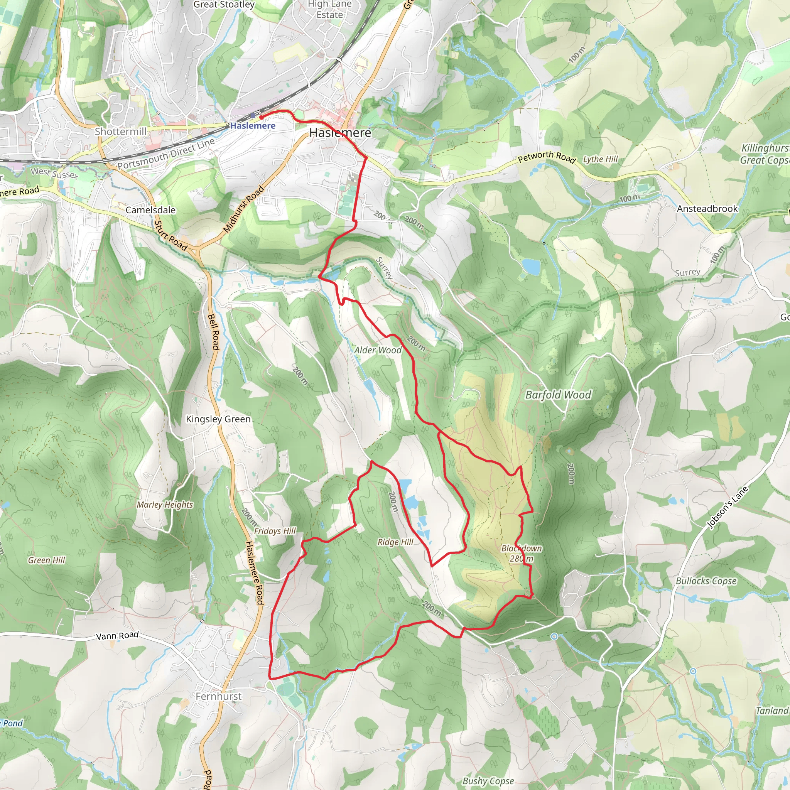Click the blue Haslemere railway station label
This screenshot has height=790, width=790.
[x=253, y=125]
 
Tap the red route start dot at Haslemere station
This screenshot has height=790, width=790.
[x=261, y=117]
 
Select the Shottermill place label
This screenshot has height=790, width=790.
[x=121, y=131]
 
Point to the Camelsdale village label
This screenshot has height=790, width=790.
[x=150, y=210]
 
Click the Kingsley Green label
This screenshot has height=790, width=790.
[x=218, y=419]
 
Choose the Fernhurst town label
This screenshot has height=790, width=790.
[x=218, y=696]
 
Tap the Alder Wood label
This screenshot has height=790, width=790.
[x=378, y=350]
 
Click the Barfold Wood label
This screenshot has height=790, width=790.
[x=558, y=395]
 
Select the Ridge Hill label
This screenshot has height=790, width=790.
[x=395, y=542]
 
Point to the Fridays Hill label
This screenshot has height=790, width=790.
[x=275, y=531]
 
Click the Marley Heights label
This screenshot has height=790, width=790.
[x=165, y=505]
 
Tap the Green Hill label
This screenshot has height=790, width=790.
[x=47, y=560]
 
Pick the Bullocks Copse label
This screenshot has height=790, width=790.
[x=706, y=581]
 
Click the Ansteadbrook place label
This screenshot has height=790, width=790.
[x=707, y=209]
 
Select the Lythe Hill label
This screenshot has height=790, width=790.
[x=600, y=159]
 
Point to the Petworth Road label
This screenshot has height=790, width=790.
[x=547, y=157]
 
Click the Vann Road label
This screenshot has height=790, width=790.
[x=117, y=636]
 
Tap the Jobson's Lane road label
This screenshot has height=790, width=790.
[x=728, y=508]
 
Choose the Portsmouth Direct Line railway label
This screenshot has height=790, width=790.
[x=166, y=154]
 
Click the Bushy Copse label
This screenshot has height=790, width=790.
[x=488, y=781]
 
